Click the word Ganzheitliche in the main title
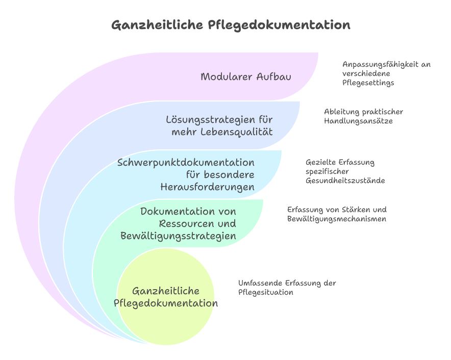point(157,24)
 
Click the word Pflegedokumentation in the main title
point(279,24)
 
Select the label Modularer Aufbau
point(245,77)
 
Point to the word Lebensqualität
point(236,132)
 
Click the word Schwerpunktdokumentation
point(186,163)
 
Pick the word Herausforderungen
point(207,187)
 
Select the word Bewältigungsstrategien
point(179,236)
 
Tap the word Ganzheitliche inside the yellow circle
point(166,291)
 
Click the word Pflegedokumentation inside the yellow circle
point(166,303)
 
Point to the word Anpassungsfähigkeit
point(380,64)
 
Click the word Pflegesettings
point(368,83)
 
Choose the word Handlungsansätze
point(358,121)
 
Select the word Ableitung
point(342,112)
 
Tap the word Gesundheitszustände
point(345,181)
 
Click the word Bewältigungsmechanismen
point(337,219)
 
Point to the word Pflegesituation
point(266,293)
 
